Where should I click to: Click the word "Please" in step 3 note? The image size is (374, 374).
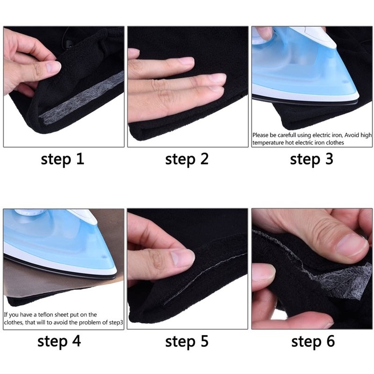coord(262,135)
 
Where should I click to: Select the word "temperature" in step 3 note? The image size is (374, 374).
coord(269,142)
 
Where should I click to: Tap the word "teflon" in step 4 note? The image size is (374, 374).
coord(49,315)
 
